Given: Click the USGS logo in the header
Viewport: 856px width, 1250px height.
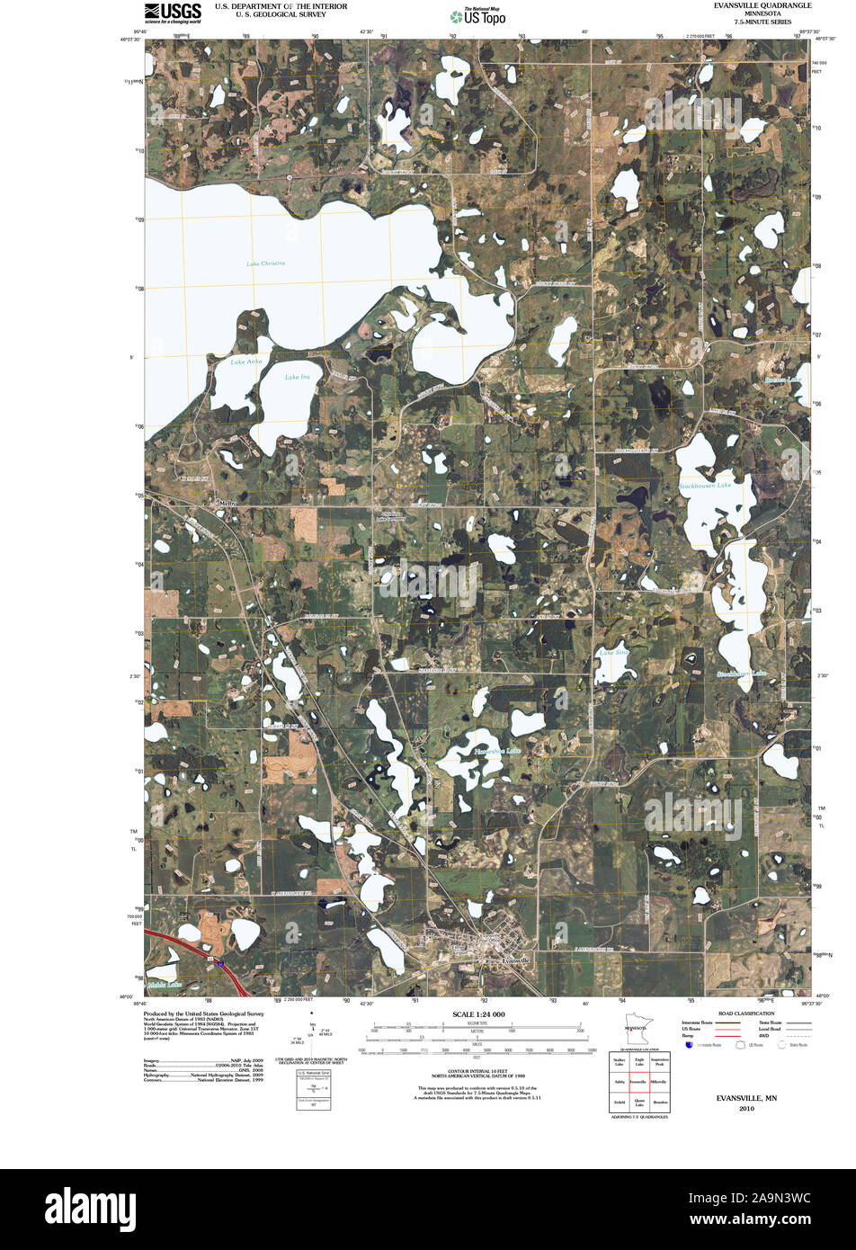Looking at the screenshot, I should [173, 12].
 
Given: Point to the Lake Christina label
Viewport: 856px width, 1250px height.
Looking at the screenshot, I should [265, 263].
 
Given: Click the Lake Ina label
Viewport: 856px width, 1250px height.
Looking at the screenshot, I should [297, 377].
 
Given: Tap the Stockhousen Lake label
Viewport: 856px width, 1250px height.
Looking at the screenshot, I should [705, 486].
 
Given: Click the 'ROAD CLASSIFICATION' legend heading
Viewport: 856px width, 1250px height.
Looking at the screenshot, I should [745, 1013].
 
